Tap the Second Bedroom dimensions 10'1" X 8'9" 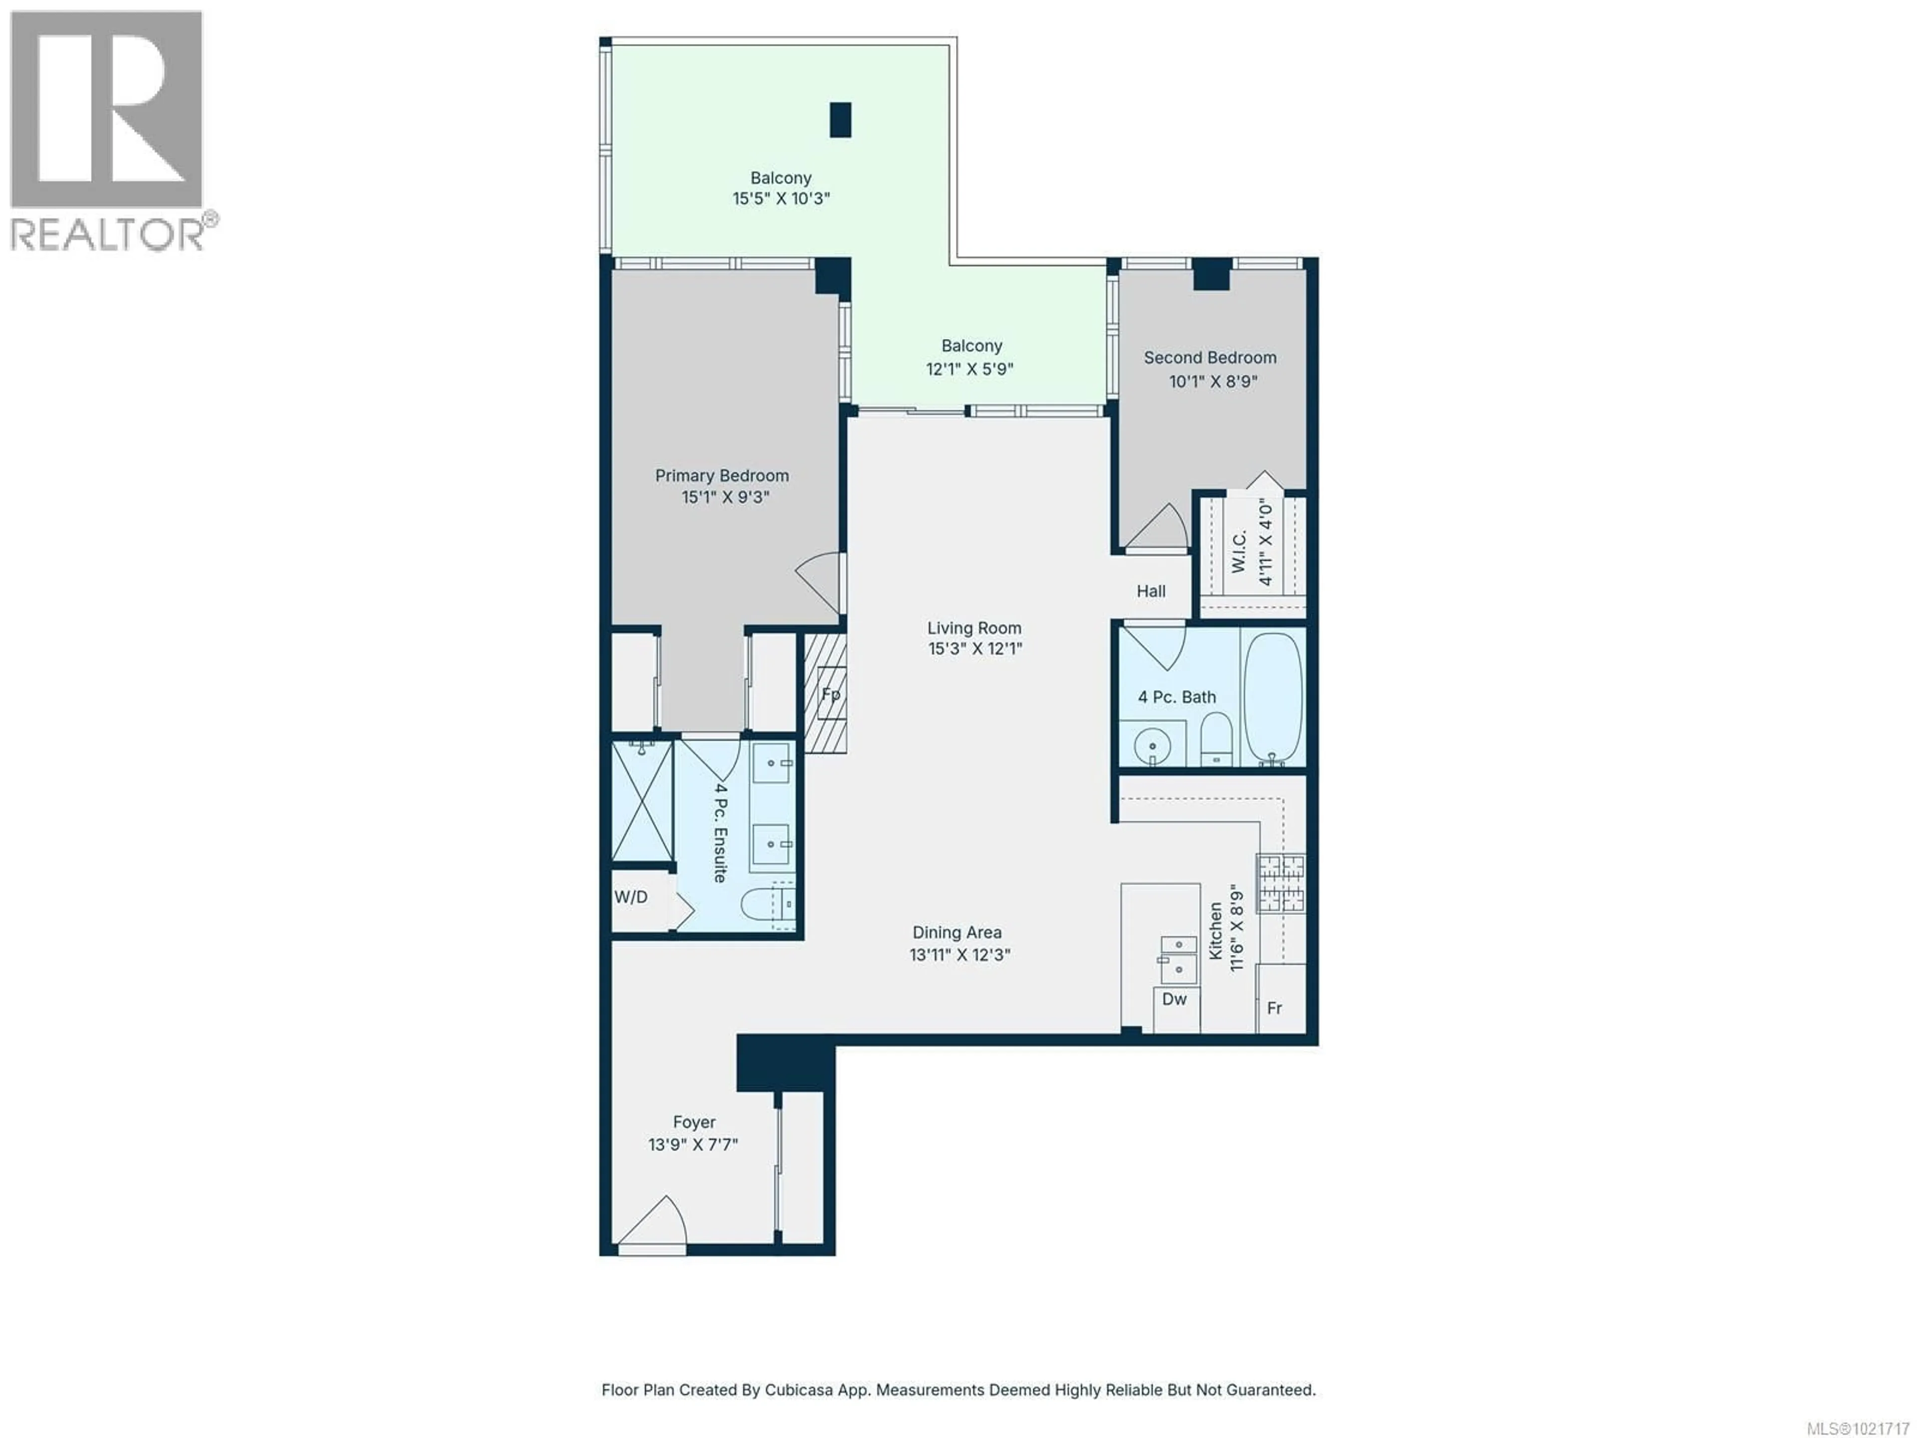click(1213, 381)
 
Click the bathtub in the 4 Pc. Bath click(1272, 697)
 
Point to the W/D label click(631, 897)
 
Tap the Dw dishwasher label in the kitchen click(1174, 999)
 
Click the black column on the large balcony click(840, 120)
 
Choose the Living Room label click(974, 628)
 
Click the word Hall click(1151, 591)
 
